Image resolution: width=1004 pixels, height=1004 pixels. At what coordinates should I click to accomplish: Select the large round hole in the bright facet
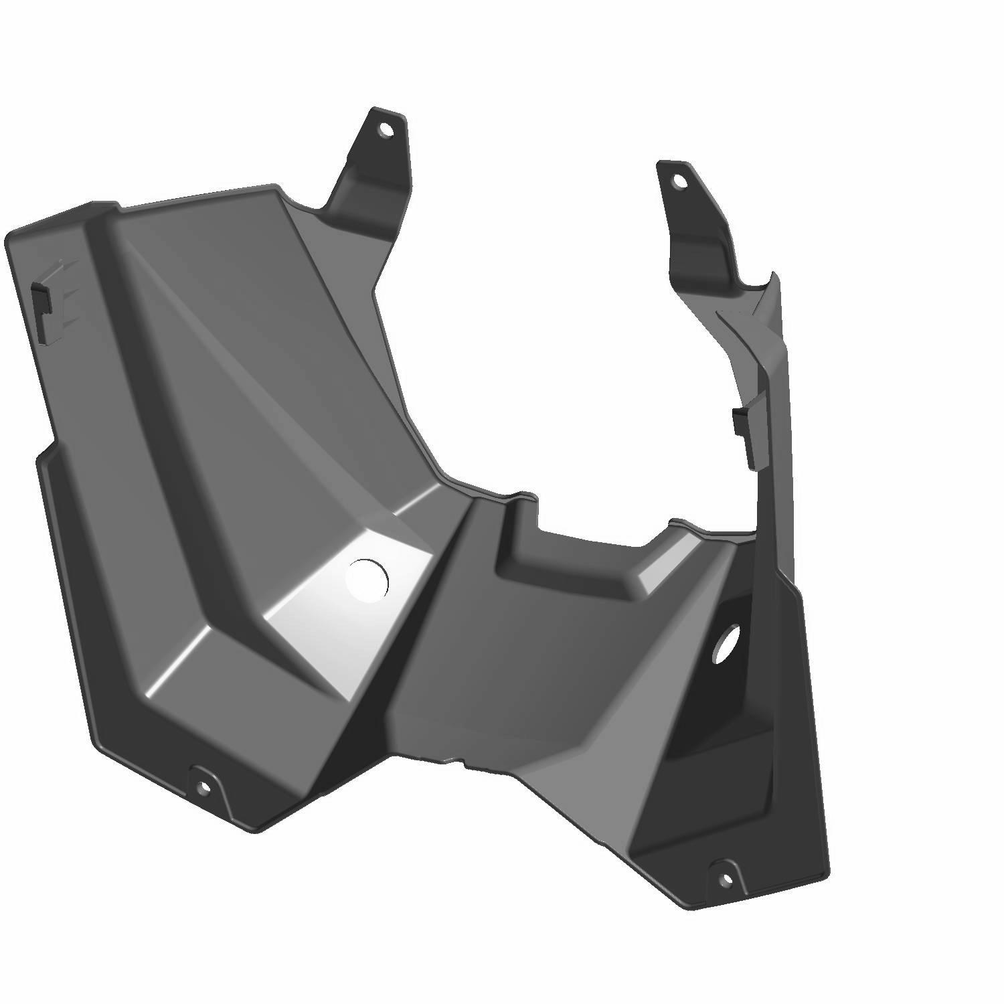pyautogui.click(x=367, y=580)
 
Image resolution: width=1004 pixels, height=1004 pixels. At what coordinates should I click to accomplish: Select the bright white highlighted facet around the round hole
pyautogui.click(x=335, y=622)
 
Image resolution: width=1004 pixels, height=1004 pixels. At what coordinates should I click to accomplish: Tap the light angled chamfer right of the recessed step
pyautogui.click(x=659, y=569)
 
